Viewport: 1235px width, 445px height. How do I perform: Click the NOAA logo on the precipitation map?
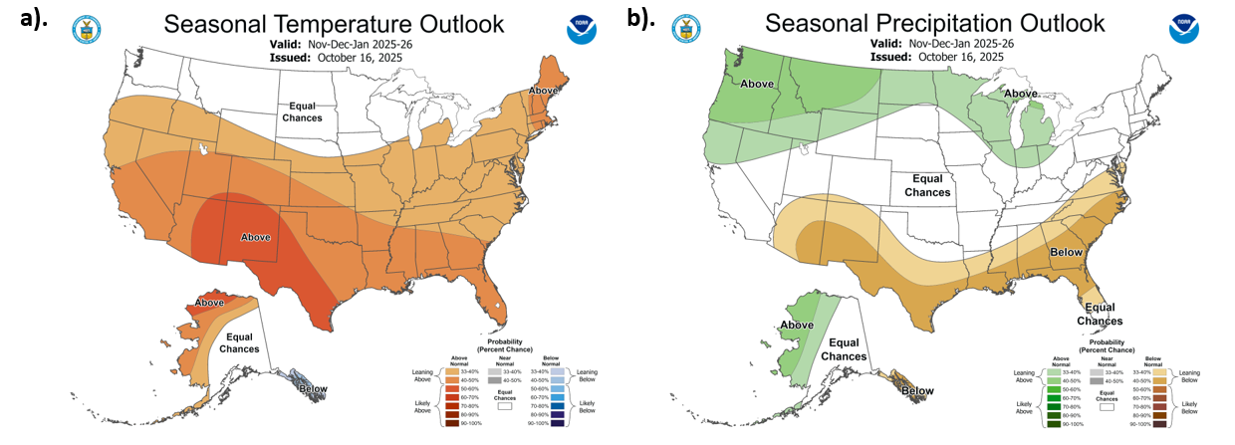tap(1185, 30)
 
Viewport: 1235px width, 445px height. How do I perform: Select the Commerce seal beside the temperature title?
tap(88, 28)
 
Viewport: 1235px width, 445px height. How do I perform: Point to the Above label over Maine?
tap(543, 91)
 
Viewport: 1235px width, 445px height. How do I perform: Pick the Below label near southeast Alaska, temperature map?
tap(313, 389)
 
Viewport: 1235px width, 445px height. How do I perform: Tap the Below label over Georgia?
tap(1067, 252)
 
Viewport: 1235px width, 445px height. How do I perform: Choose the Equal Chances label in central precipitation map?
tap(926, 185)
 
